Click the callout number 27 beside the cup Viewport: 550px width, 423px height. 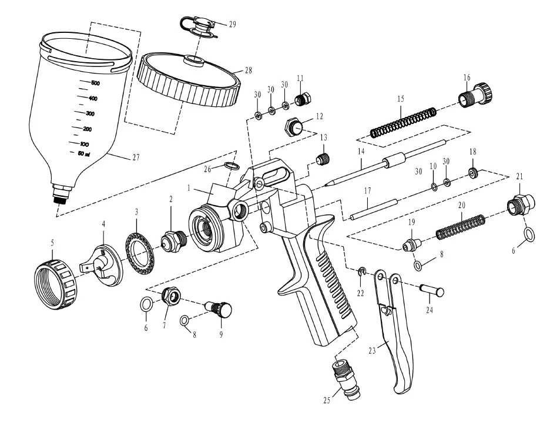pos(136,157)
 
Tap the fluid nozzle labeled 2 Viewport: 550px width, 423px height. pos(172,240)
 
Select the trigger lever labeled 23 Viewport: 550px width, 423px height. pos(396,341)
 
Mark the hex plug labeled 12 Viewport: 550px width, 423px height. pos(294,126)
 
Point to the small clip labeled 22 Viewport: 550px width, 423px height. pos(363,271)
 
